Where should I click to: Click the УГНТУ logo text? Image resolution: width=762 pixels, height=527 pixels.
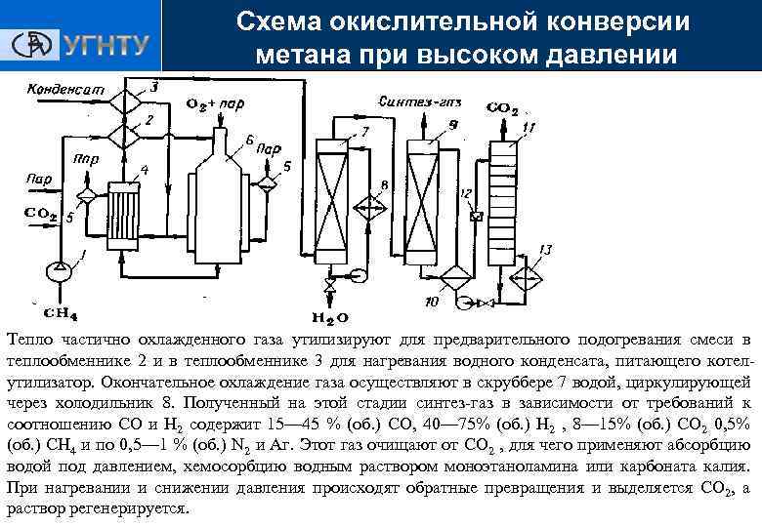(x=106, y=45)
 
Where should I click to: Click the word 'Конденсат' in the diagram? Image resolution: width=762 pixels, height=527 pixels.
(x=64, y=89)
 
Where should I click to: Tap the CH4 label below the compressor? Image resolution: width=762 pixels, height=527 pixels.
(x=62, y=313)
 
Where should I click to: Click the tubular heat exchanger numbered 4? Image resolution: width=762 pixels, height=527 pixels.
(x=126, y=223)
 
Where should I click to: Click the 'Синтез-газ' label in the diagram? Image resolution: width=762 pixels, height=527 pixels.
(x=405, y=100)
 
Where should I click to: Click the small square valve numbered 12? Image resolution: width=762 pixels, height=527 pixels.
(x=476, y=217)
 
